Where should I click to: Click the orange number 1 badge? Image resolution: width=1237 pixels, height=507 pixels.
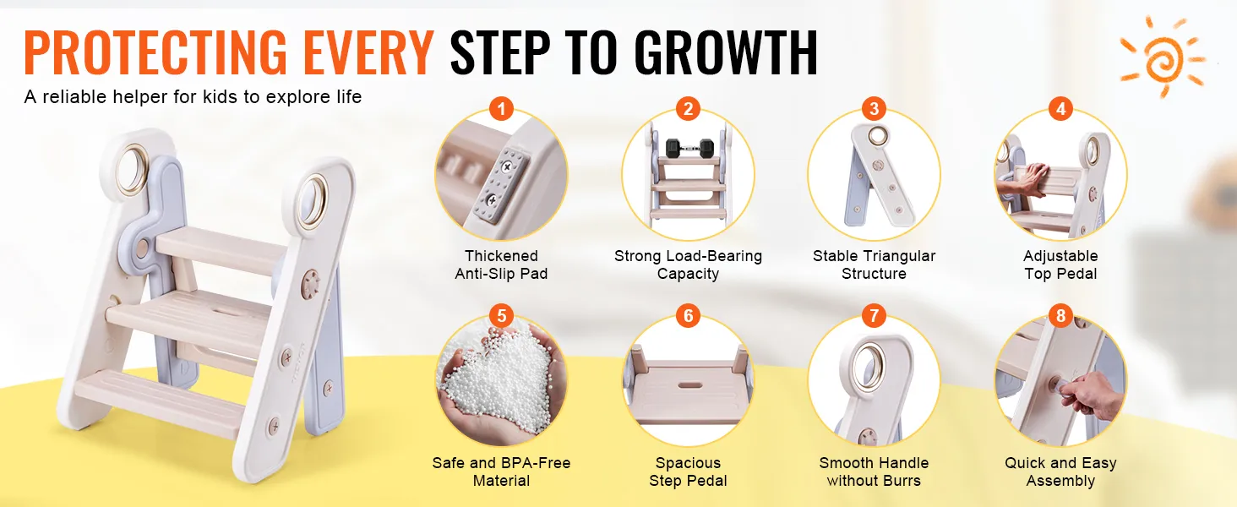(502, 109)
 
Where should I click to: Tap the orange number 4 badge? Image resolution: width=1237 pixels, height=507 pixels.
(1060, 109)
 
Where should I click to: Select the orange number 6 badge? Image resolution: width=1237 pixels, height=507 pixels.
(688, 316)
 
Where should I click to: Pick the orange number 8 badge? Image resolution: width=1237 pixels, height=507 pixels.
(1060, 316)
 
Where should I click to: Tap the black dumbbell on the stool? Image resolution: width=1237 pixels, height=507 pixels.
(688, 147)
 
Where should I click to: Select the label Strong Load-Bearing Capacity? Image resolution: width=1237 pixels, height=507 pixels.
(688, 264)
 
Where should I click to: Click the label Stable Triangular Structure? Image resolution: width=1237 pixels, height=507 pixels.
(874, 264)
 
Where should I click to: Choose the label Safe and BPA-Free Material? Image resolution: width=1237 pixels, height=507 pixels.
(501, 472)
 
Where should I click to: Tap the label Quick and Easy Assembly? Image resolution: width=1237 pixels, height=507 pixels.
(1060, 472)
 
